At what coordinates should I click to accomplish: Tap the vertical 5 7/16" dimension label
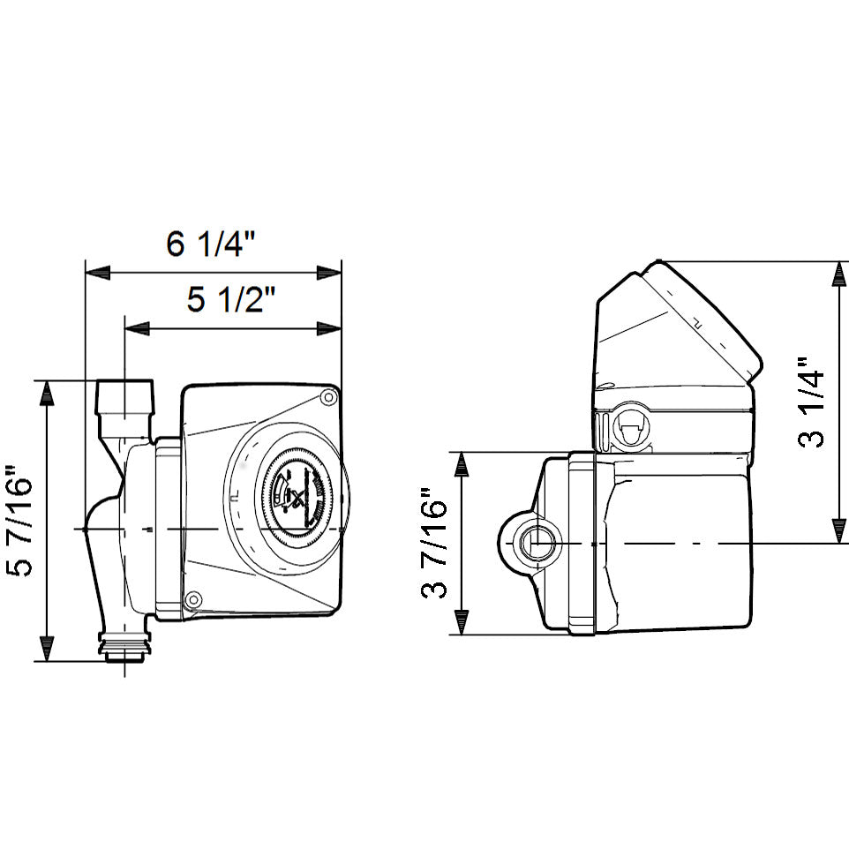(x=19, y=521)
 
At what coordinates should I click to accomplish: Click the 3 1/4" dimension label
(x=813, y=402)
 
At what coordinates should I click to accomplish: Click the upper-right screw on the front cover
(x=328, y=397)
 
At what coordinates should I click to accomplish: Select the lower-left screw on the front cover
(x=193, y=600)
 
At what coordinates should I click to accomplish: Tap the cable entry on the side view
(x=628, y=429)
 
